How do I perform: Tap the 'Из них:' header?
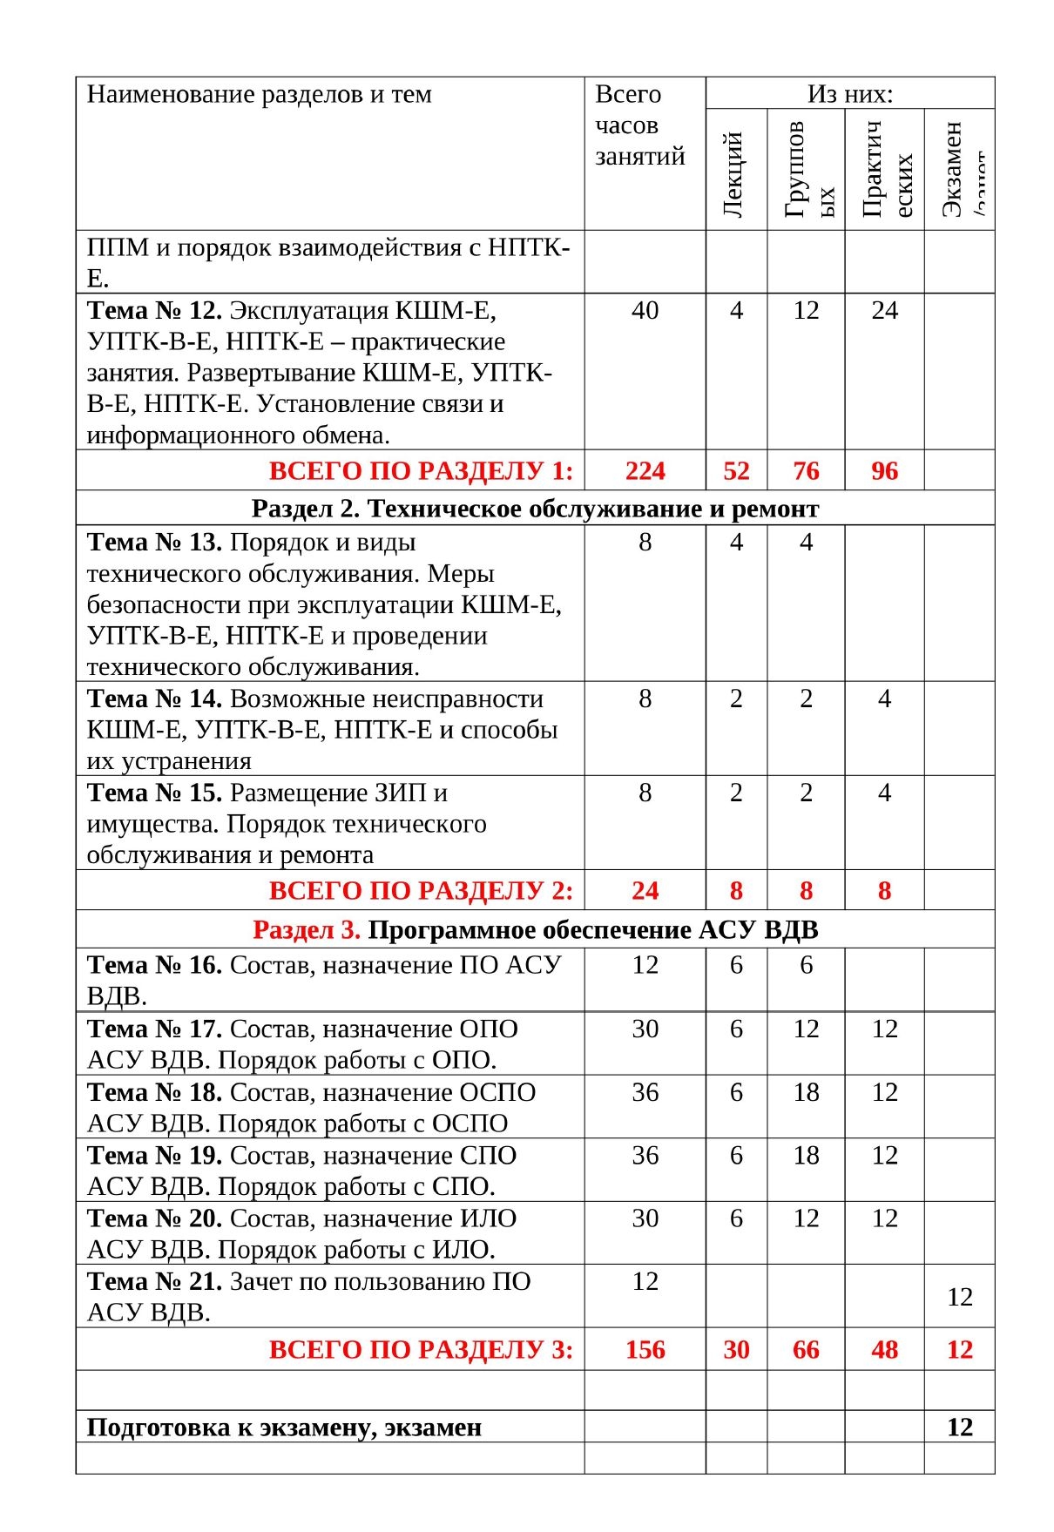(x=849, y=94)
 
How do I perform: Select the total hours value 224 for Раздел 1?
(x=645, y=471)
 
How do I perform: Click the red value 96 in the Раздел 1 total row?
(x=884, y=471)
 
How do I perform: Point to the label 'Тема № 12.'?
(x=155, y=311)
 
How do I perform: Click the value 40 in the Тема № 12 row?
(x=645, y=311)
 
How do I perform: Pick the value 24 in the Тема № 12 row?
(x=884, y=311)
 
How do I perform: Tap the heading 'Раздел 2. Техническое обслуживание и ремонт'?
(x=535, y=509)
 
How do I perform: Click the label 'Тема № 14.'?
(x=155, y=699)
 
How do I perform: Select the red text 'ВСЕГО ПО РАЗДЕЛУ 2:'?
(x=421, y=891)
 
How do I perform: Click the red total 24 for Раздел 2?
(x=645, y=891)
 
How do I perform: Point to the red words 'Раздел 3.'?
(x=306, y=930)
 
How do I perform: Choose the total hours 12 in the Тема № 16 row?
(x=645, y=965)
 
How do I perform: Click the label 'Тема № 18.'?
(x=155, y=1092)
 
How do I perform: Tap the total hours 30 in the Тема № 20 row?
(x=645, y=1218)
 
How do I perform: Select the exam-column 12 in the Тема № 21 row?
(x=959, y=1297)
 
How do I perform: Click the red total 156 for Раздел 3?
(x=645, y=1350)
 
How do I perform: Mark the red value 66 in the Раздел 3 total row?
(x=806, y=1350)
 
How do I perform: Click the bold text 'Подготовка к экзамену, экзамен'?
(x=284, y=1427)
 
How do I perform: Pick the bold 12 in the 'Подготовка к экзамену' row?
(x=959, y=1427)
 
